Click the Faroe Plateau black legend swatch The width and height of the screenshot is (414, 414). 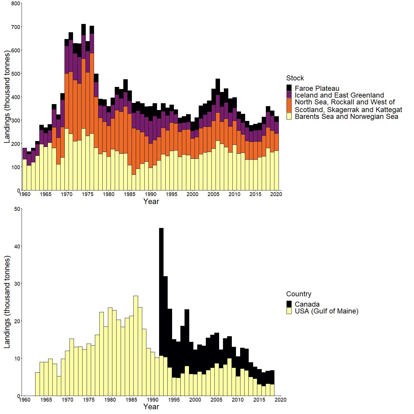(289, 88)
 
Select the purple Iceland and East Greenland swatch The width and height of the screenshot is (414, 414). (289, 95)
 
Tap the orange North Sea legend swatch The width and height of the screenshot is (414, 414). (289, 106)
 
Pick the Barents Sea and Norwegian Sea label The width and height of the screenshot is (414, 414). (346, 117)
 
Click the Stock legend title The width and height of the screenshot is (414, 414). (295, 78)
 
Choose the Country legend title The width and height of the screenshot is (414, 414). (298, 294)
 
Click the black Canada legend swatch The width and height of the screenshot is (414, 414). (289, 304)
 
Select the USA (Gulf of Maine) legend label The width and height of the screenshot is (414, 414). (326, 311)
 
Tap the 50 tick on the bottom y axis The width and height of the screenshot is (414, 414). (17, 209)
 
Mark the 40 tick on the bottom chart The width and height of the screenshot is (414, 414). (17, 246)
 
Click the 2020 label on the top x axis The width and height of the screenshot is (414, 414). (277, 194)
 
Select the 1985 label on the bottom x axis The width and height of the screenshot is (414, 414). (131, 400)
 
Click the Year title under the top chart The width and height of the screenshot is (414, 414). (151, 201)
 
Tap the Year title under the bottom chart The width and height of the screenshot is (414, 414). (151, 407)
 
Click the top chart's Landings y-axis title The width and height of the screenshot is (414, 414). (7, 97)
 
